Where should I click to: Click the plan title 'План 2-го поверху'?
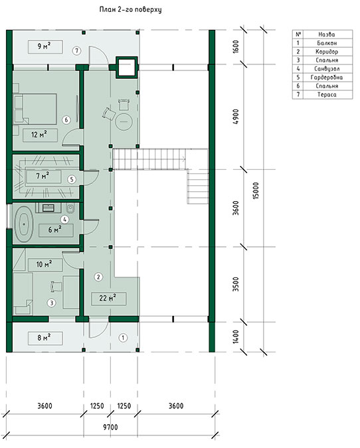click(x=130, y=9)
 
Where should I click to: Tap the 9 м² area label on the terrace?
click(x=45, y=46)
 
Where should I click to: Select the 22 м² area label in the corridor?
click(x=108, y=298)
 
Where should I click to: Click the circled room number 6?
click(x=66, y=119)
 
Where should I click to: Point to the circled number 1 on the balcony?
click(x=123, y=338)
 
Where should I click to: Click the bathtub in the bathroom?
click(x=24, y=224)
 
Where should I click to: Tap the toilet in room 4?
click(x=70, y=208)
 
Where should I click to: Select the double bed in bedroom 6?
click(x=35, y=109)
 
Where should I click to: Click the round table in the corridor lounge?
click(x=124, y=121)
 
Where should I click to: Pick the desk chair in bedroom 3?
click(x=56, y=286)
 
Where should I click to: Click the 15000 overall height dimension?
click(x=256, y=190)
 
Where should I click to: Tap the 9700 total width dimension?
click(x=110, y=427)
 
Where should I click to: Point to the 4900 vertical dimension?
click(x=236, y=117)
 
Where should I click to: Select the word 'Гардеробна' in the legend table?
click(x=327, y=78)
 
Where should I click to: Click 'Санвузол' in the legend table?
click(x=327, y=69)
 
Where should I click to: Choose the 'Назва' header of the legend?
click(x=327, y=35)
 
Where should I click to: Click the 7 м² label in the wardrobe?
click(x=43, y=176)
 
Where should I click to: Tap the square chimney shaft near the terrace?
click(x=126, y=67)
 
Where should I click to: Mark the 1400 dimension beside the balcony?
click(x=236, y=336)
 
